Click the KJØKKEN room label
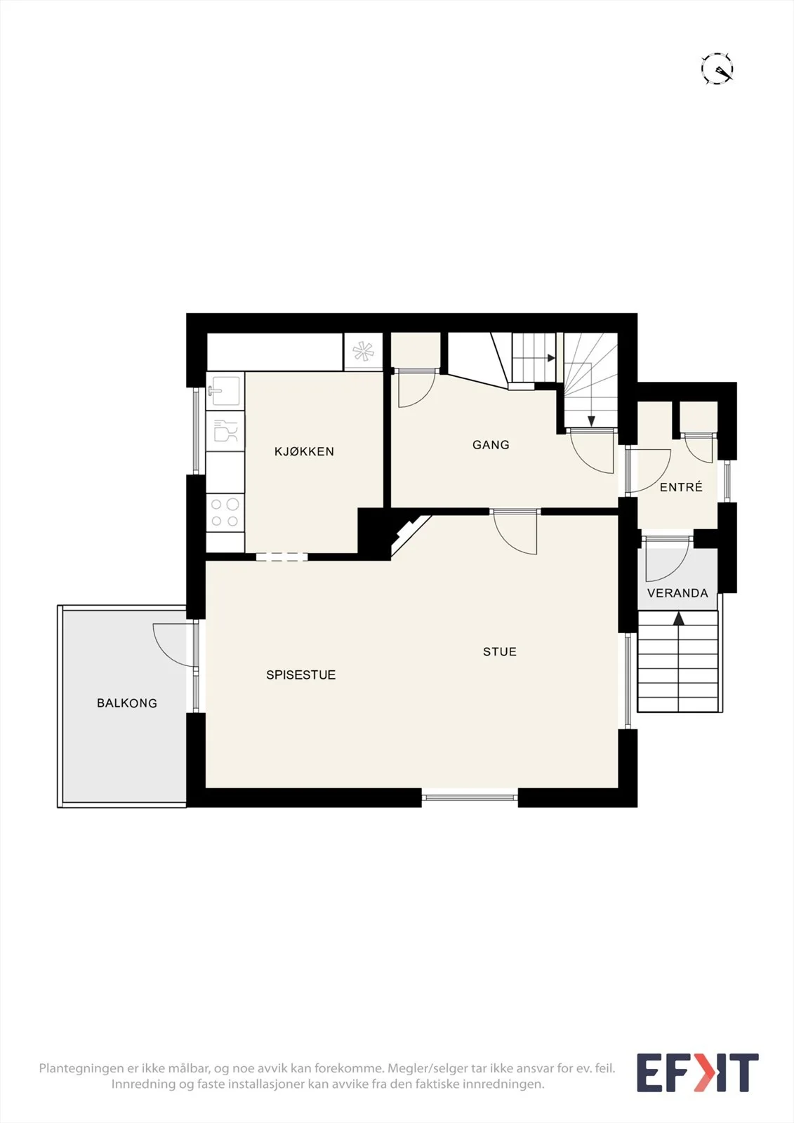pyautogui.click(x=304, y=451)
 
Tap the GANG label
pyautogui.click(x=491, y=445)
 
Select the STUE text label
pyautogui.click(x=500, y=652)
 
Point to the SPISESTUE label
pyautogui.click(x=301, y=675)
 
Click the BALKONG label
pyautogui.click(x=127, y=703)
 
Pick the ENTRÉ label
pyautogui.click(x=681, y=487)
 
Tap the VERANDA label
pyautogui.click(x=677, y=593)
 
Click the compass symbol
pyautogui.click(x=717, y=68)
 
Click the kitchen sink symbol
pyautogui.click(x=225, y=390)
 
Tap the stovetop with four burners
pyautogui.click(x=225, y=512)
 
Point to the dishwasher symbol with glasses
pyautogui.click(x=225, y=431)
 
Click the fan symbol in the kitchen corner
pyautogui.click(x=363, y=352)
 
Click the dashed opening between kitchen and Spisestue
pyautogui.click(x=282, y=557)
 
